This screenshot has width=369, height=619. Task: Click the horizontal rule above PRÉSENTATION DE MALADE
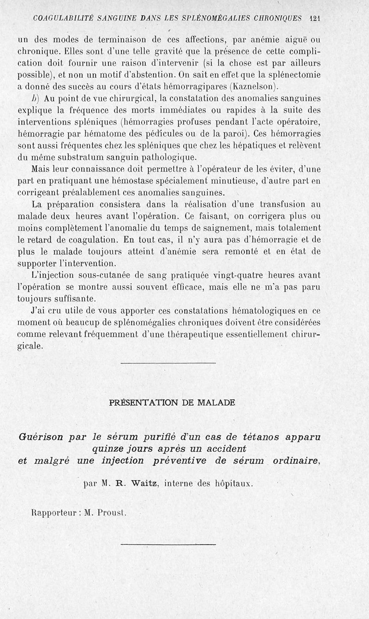[168, 363]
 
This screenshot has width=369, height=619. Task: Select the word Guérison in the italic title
[42, 436]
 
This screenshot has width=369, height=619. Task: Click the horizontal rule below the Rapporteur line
[168, 545]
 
